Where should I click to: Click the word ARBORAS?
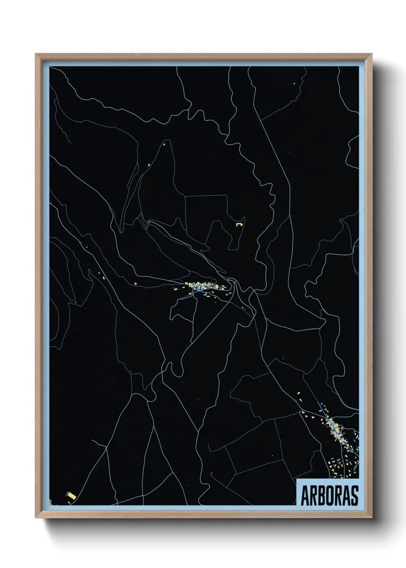[329, 495]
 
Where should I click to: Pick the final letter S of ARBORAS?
[355, 495]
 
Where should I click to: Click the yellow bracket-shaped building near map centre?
[240, 223]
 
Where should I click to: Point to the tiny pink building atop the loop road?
[164, 145]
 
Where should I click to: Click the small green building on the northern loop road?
[149, 165]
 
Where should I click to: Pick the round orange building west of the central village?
[135, 284]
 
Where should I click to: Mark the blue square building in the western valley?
[99, 273]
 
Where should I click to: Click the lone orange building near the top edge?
[294, 83]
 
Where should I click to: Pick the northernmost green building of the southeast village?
[298, 393]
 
